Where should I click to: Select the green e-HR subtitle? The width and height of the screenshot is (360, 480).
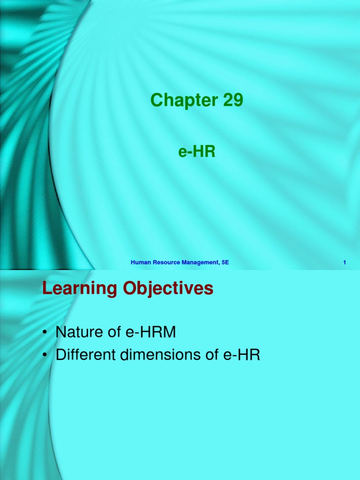(196, 152)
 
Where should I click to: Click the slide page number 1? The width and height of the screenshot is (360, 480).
(345, 262)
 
